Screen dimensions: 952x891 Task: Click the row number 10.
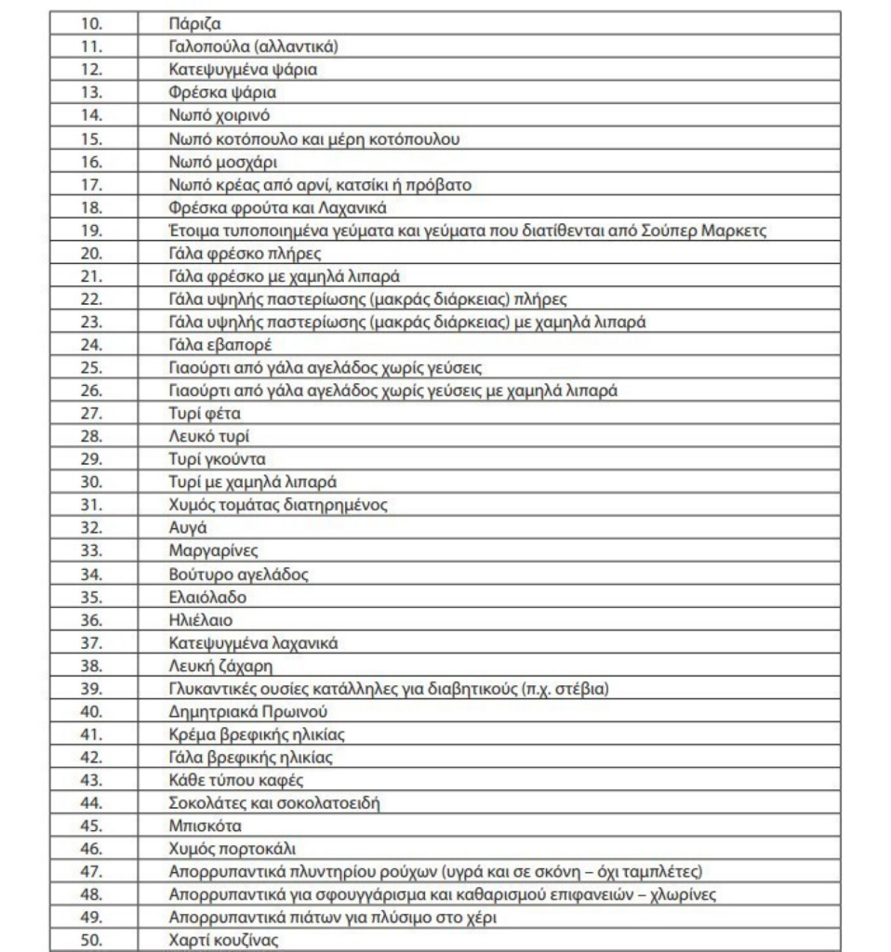click(x=94, y=21)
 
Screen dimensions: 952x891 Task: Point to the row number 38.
click(x=94, y=666)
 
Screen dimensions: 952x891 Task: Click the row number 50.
click(x=94, y=940)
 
